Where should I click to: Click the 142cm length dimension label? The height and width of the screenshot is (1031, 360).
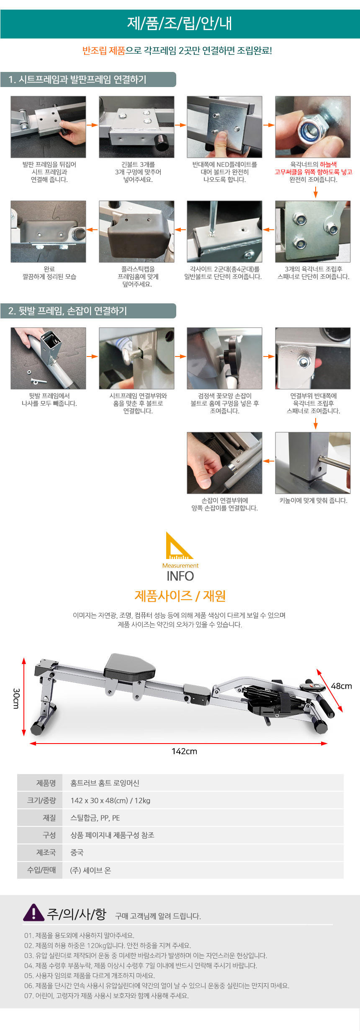[x=184, y=751]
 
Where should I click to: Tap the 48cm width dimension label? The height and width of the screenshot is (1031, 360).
[x=341, y=686]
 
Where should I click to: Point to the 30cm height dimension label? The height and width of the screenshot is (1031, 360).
[x=16, y=698]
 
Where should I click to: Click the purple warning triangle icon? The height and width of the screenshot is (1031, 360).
[x=33, y=913]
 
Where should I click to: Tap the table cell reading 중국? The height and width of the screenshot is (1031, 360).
[x=77, y=852]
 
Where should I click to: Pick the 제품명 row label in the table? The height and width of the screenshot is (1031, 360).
[x=46, y=783]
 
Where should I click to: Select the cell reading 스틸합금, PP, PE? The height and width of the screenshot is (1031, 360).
[x=95, y=818]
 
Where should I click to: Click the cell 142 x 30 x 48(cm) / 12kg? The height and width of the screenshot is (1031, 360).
[x=111, y=800]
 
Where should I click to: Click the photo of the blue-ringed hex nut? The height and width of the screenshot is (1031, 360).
[x=313, y=127]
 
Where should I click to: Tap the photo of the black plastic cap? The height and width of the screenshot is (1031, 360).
[x=136, y=231]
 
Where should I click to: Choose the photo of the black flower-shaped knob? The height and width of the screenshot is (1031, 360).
[x=224, y=358]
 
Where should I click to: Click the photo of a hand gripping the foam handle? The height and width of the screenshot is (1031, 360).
[x=224, y=463]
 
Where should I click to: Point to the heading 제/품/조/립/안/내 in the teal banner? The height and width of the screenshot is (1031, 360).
[x=180, y=23]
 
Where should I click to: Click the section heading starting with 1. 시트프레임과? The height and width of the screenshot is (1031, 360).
[x=77, y=80]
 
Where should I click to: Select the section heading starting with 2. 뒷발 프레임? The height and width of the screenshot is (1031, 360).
[x=67, y=311]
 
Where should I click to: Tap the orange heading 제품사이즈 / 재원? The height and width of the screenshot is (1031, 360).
[x=180, y=596]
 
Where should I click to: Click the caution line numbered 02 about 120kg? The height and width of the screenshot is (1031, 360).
[x=108, y=945]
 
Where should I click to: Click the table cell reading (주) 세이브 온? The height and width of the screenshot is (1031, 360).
[x=90, y=870]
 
